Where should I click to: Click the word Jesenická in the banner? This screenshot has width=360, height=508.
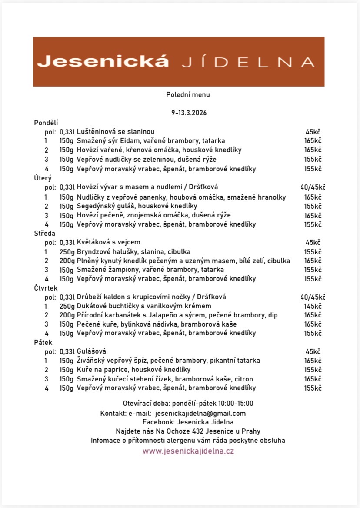(103, 61)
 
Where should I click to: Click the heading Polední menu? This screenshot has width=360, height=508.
(188, 94)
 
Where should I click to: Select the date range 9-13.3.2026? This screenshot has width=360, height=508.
(188, 113)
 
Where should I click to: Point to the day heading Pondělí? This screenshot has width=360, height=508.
(46, 123)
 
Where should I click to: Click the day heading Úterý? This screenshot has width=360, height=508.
(43, 178)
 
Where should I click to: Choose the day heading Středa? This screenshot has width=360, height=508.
(44, 234)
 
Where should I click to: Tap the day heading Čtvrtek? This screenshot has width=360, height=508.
(46, 288)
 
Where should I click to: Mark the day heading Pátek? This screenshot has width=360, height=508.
(43, 342)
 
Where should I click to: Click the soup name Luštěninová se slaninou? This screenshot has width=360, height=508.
(116, 132)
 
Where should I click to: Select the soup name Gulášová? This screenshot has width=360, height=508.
(92, 351)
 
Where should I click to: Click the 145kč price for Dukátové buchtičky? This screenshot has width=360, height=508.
(313, 306)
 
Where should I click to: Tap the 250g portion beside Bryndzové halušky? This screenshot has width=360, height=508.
(67, 252)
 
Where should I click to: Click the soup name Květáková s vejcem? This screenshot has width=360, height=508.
(109, 242)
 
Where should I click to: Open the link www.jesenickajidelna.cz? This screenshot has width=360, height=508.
(188, 451)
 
